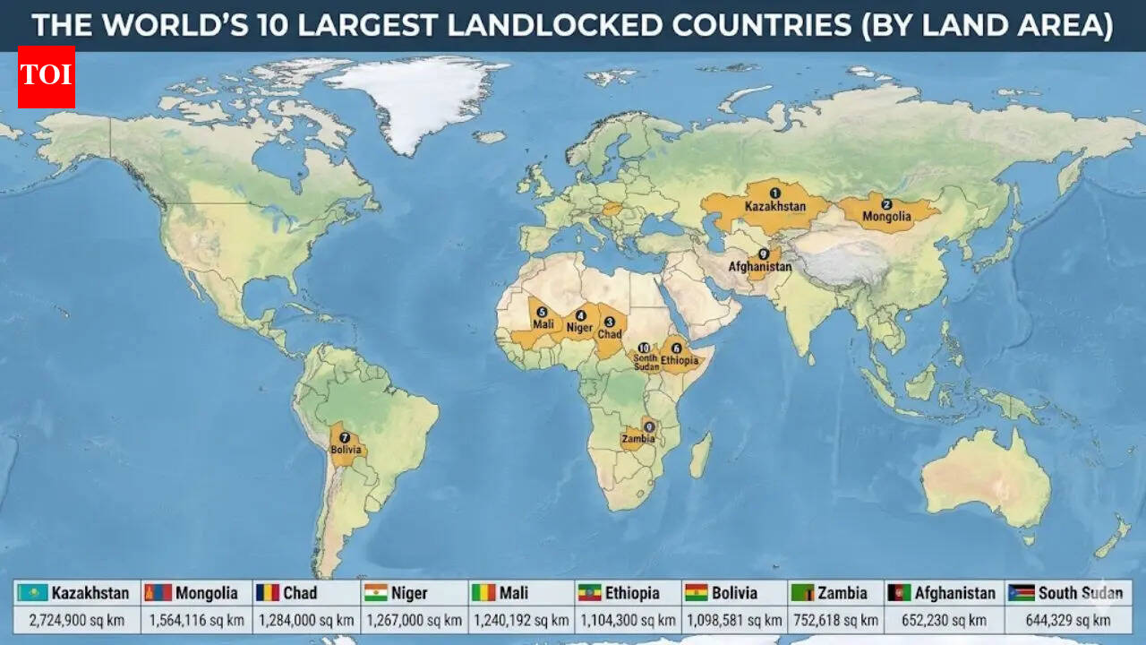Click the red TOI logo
[47, 77]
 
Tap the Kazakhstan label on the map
[774, 207]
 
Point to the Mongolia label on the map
[886, 217]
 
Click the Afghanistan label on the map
[760, 267]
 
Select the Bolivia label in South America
[346, 449]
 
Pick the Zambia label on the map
[638, 440]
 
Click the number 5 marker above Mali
[542, 312]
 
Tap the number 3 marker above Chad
[610, 322]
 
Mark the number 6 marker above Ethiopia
[676, 348]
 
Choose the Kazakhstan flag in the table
[33, 593]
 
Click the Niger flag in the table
[375, 593]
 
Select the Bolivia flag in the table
[697, 593]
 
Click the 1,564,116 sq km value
[196, 620]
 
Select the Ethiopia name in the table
[632, 593]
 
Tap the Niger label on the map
[579, 327]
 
